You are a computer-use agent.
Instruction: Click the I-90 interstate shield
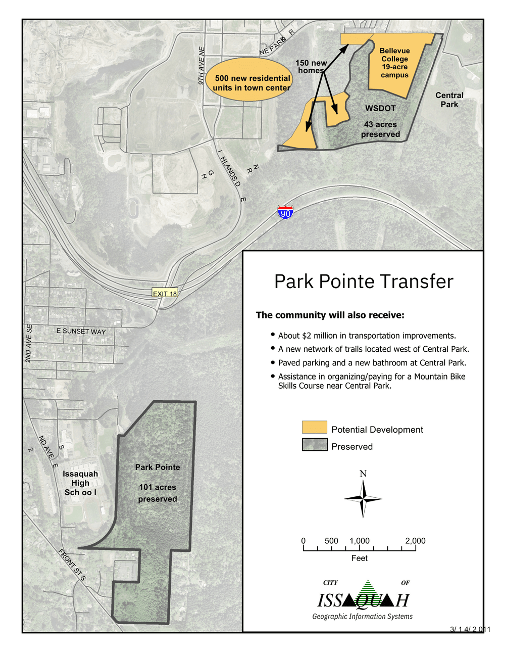point(285,213)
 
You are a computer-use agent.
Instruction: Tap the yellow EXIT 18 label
point(165,294)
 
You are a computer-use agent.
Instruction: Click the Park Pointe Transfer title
point(364,282)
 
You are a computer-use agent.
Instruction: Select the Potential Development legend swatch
point(314,428)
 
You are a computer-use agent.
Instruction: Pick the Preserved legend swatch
point(314,445)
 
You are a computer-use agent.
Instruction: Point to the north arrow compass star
point(363,499)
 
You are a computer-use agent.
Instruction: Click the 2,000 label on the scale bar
point(415,541)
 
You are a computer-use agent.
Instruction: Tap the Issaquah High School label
point(80,483)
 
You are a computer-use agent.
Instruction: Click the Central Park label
point(449,100)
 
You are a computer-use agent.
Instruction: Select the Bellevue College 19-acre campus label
point(394,63)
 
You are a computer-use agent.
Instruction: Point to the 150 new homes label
point(311,67)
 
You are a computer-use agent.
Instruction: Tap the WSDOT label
point(380,108)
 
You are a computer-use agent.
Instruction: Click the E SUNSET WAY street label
point(81,331)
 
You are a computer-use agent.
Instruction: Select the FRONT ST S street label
point(72,565)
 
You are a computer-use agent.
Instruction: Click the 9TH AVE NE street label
point(201,66)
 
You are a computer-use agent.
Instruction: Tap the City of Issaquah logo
point(363,599)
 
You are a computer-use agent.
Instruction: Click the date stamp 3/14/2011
point(470,629)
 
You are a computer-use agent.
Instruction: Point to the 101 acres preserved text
point(158,493)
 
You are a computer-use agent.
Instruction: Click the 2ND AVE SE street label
point(29,343)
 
